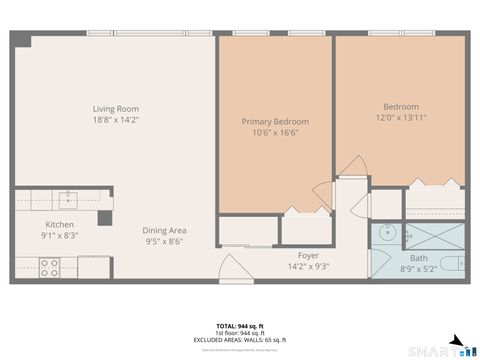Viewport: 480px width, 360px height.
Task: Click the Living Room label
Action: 115,109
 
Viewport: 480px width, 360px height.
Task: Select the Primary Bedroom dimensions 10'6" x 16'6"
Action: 275,133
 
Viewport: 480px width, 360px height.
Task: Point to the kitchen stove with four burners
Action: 48,267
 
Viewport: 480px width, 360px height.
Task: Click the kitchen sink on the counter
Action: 67,196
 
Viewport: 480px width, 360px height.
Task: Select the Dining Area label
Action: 164,230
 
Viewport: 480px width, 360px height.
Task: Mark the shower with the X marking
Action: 434,236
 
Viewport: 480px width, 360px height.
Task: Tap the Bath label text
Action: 418,258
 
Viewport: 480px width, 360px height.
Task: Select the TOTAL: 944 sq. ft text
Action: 239,326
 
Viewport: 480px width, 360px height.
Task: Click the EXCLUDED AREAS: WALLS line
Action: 239,340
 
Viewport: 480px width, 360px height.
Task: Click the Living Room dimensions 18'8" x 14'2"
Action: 115,120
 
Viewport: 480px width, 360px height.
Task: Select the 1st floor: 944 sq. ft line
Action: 239,333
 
